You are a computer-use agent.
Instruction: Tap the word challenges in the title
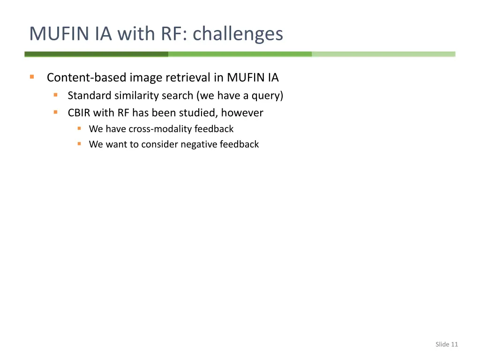click(x=238, y=34)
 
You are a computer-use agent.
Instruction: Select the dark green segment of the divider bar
click(x=96, y=54)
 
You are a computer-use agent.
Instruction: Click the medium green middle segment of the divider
click(x=240, y=54)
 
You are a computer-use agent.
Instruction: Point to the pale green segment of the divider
click(x=383, y=54)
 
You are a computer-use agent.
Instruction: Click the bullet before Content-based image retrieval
click(x=32, y=77)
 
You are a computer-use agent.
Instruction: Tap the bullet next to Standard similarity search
click(x=56, y=95)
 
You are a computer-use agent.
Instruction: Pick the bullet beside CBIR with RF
click(x=56, y=112)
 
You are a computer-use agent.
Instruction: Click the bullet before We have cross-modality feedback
click(x=79, y=128)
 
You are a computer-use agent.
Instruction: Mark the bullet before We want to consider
click(x=79, y=144)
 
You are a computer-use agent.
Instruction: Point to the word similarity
click(x=137, y=96)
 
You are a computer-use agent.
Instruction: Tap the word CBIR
click(x=79, y=113)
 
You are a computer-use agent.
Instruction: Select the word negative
click(x=198, y=144)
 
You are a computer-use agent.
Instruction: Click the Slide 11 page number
click(x=446, y=345)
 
